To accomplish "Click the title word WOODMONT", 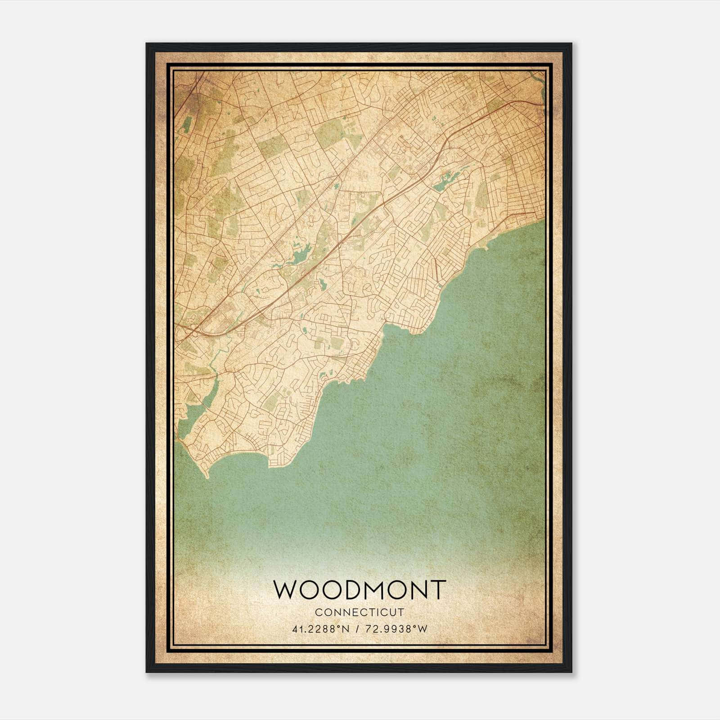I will pos(360,589).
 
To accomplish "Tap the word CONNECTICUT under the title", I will pos(360,612).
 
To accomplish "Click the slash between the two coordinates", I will pos(356,629).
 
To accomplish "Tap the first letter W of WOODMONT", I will pos(285,589).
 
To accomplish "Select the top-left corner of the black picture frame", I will pos(147,44).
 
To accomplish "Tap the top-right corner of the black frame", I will pos(571,44).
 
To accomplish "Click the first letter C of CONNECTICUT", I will pos(318,612).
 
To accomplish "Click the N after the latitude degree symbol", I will pos(345,629).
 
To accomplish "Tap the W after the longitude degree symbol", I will pos(422,629).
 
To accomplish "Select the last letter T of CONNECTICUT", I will pos(401,612).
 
